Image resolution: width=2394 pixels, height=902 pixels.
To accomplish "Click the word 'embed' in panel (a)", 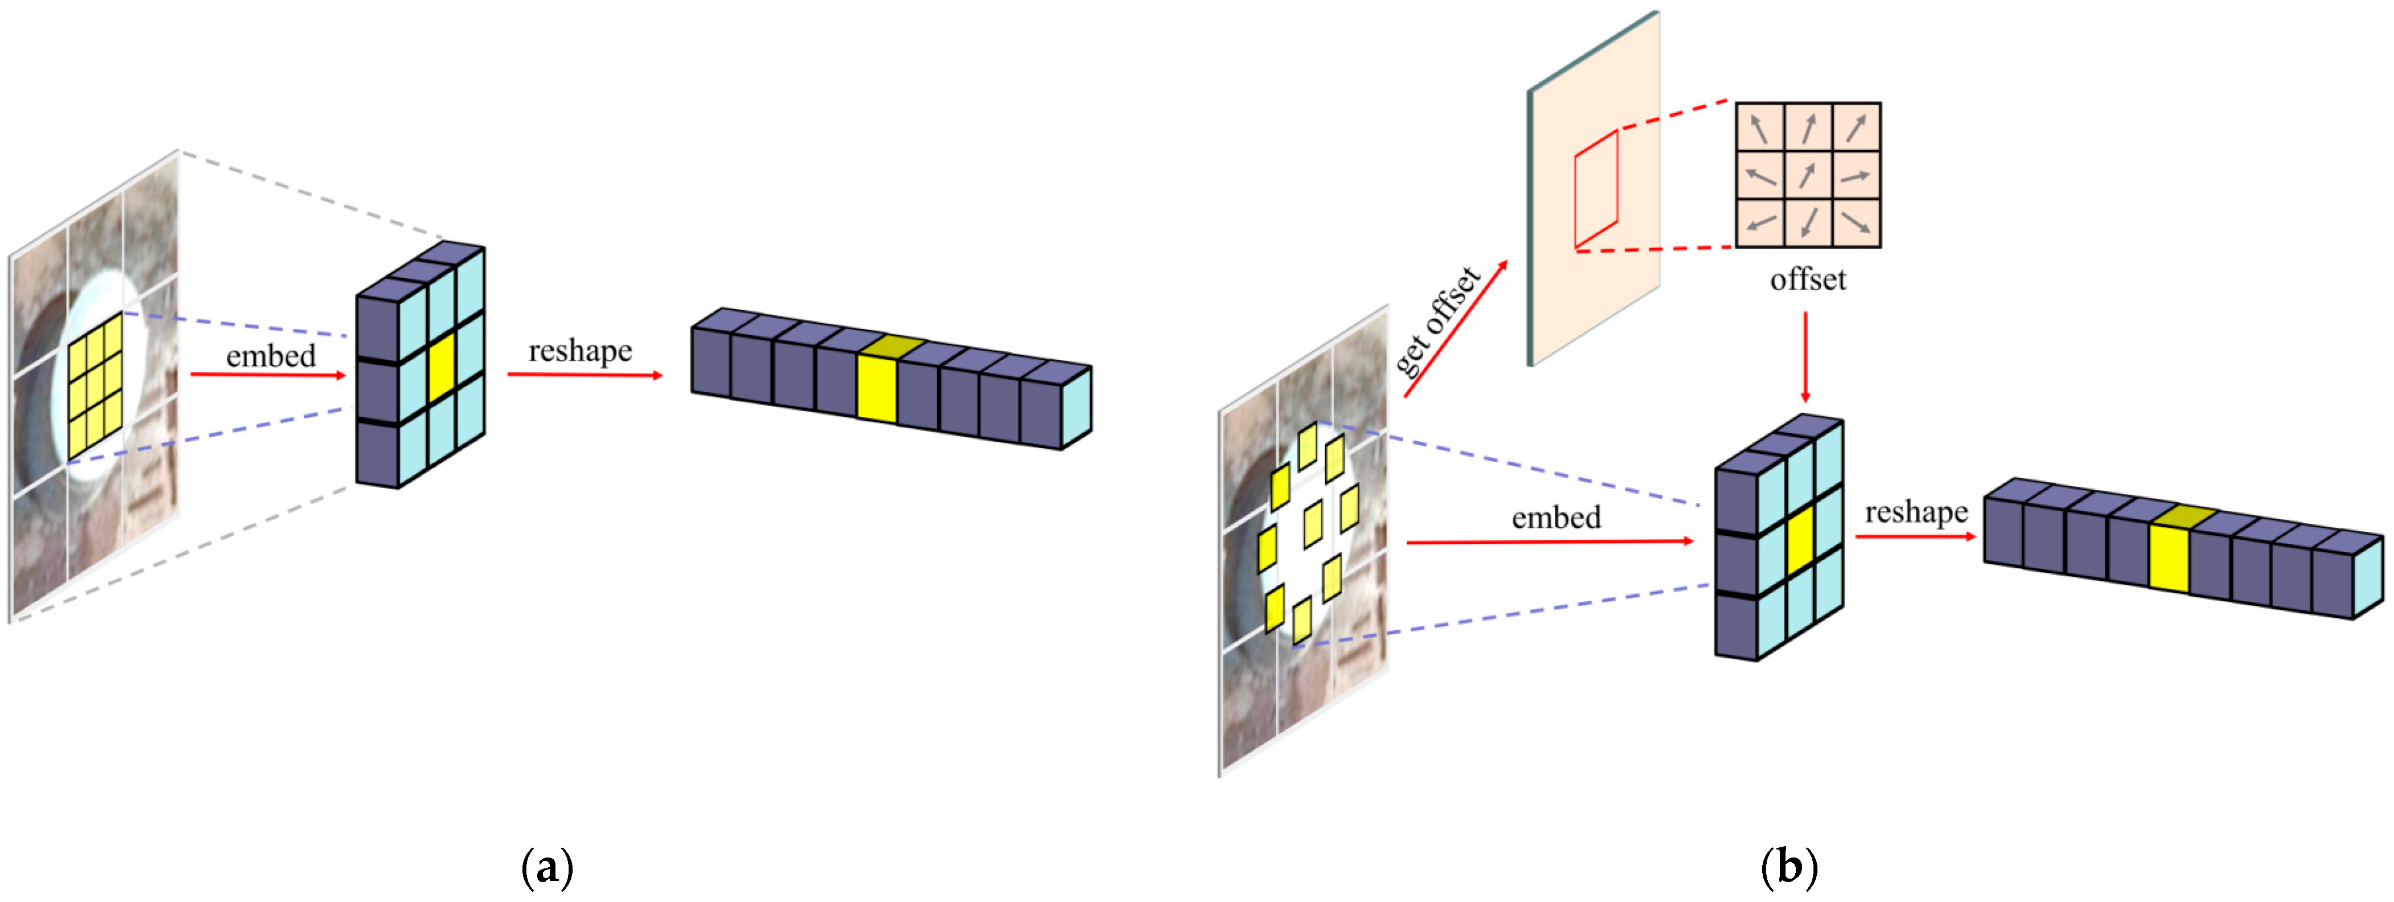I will (x=271, y=356).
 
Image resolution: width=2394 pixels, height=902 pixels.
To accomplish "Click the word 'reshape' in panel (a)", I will (x=580, y=351).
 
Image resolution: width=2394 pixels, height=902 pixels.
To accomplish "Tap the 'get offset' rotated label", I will (x=1437, y=321).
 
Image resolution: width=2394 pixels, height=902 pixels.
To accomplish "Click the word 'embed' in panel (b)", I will (x=1556, y=518).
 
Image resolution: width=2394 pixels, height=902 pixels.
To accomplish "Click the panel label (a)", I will (x=548, y=868).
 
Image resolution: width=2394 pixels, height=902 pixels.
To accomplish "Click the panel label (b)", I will (x=1789, y=868).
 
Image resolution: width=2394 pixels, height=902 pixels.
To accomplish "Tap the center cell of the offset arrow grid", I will (x=1808, y=175).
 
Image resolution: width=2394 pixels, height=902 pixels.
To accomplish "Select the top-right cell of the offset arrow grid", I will (x=1856, y=127).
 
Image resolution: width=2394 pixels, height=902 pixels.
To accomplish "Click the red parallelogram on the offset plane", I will (x=1596, y=190).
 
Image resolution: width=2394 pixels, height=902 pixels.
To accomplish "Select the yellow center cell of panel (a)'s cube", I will (x=442, y=367).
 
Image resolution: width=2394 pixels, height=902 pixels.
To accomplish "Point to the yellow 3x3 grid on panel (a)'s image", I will (x=95, y=387).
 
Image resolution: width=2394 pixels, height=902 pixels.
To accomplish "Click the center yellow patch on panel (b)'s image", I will (x=1313, y=523).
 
